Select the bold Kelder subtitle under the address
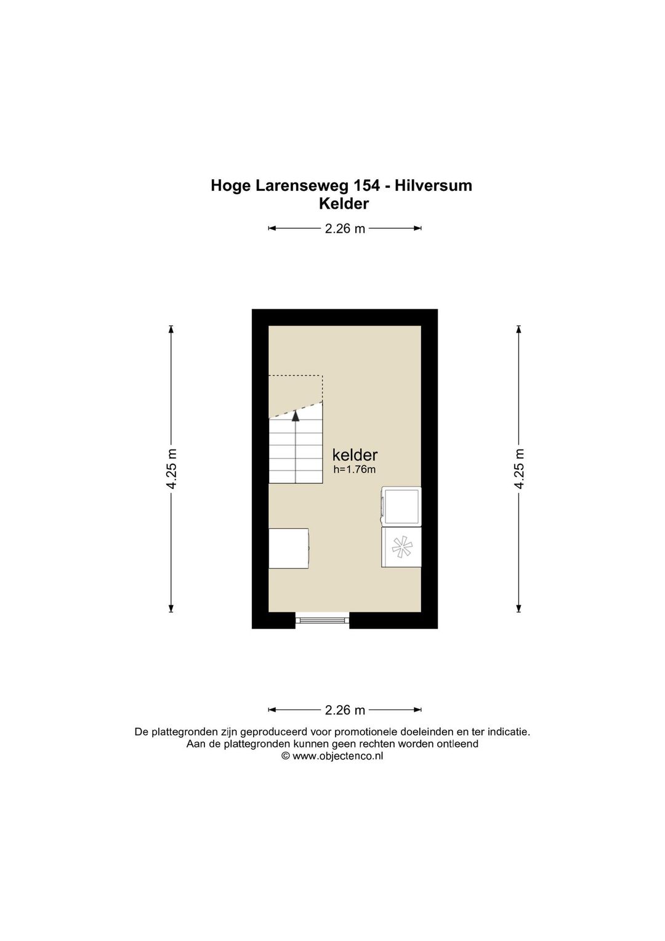[344, 204]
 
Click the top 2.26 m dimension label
[345, 228]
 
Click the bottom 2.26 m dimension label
[345, 710]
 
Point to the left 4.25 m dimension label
[171, 469]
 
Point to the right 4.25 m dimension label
[519, 469]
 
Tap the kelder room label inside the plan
[355, 455]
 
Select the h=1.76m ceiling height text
[354, 470]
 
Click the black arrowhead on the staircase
[296, 416]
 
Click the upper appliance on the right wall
[401, 506]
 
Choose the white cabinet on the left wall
[289, 548]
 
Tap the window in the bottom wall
[322, 620]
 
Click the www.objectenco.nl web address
[338, 756]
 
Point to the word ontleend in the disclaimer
[459, 744]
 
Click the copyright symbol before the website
[286, 756]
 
